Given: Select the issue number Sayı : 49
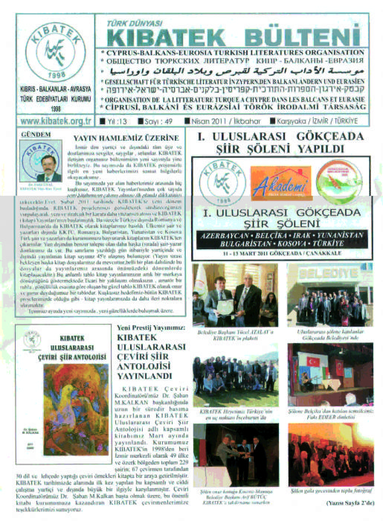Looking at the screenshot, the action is pyautogui.click(x=163, y=119).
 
